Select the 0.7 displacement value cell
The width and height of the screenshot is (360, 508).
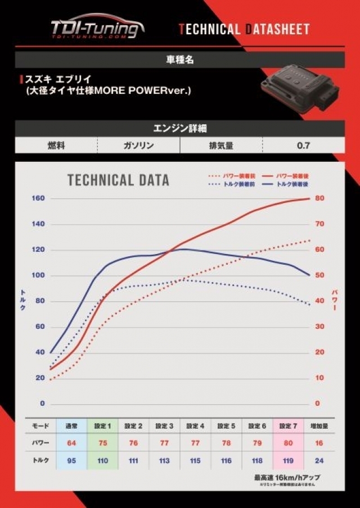coord(303,146)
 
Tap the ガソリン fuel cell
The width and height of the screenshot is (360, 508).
coord(138,146)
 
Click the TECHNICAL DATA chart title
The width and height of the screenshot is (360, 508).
coord(118,180)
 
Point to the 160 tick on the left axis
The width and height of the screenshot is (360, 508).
coord(38,198)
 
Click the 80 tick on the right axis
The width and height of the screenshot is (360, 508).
coord(319,198)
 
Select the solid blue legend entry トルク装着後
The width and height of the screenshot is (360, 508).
coord(293,184)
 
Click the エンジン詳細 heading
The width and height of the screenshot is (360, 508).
coord(180,128)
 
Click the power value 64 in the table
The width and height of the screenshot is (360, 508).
coord(71,443)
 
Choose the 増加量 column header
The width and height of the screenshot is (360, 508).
coord(319,427)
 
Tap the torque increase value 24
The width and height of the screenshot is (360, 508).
coord(319,460)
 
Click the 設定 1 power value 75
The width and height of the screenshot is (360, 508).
coord(102,443)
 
